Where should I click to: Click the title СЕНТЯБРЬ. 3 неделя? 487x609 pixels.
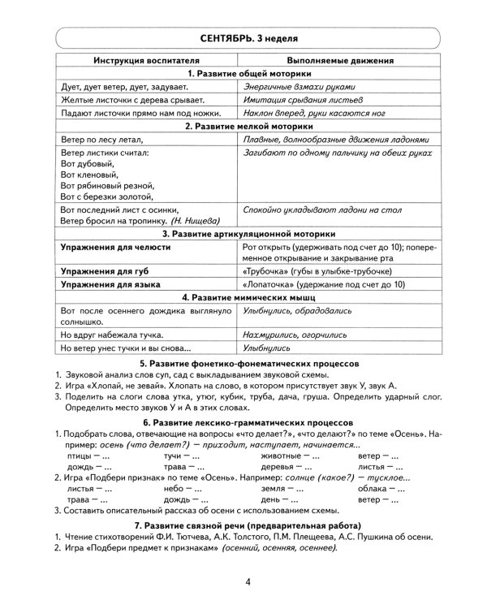243,38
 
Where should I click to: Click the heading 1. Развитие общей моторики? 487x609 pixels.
243,73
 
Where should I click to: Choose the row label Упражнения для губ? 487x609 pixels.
101,270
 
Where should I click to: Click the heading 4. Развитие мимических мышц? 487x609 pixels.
243,297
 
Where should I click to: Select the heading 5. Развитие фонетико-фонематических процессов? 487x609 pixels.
243,363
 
